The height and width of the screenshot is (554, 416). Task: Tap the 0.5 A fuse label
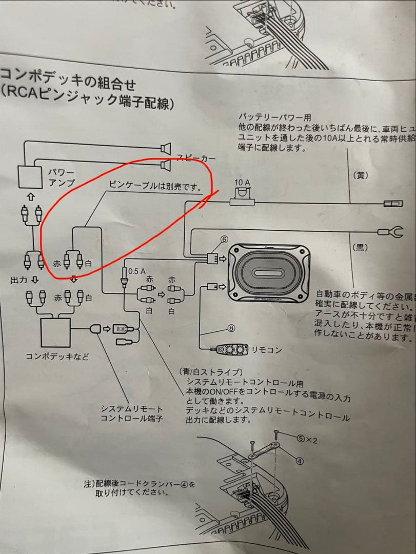click(136, 271)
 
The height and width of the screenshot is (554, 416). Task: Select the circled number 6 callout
click(224, 240)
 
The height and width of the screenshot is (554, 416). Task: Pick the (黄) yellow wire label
click(361, 175)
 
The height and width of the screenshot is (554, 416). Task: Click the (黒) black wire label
click(361, 247)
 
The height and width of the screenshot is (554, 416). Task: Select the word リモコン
click(266, 350)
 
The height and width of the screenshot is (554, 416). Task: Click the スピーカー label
click(195, 159)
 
